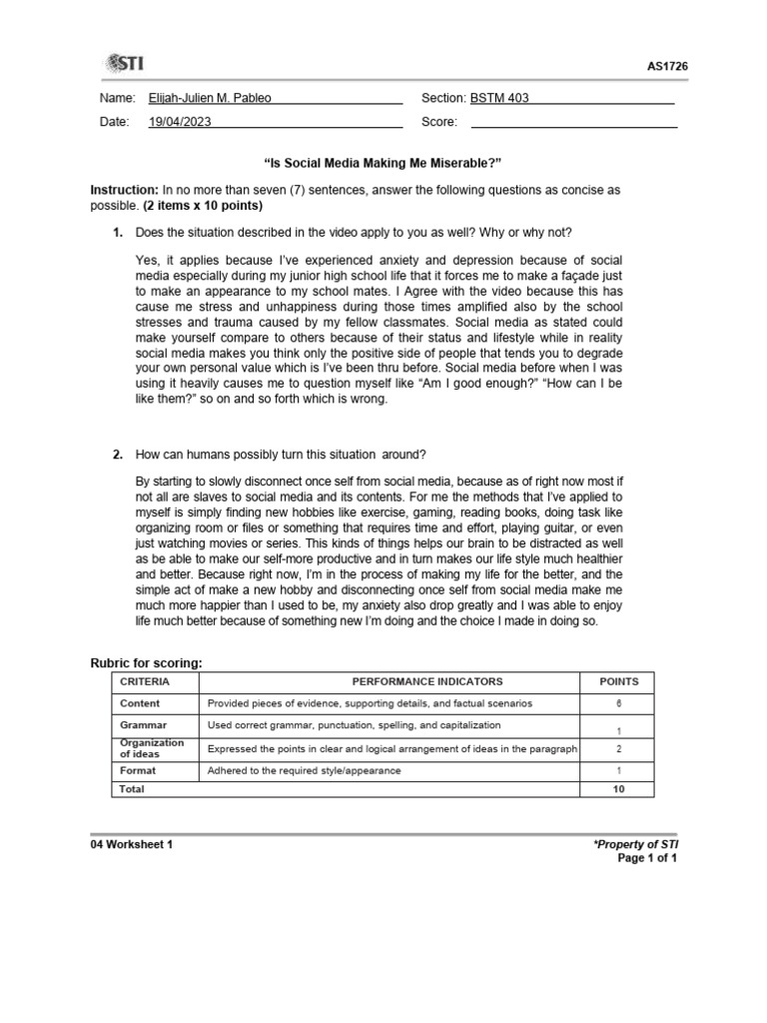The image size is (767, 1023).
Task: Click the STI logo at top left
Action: click(123, 64)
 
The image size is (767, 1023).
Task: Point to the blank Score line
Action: click(573, 123)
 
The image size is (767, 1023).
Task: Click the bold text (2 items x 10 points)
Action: click(203, 206)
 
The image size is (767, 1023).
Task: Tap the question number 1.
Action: click(117, 233)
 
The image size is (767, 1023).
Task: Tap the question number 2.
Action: click(117, 455)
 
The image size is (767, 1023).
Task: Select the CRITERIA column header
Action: click(145, 681)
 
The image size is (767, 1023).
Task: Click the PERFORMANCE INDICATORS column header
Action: click(390, 681)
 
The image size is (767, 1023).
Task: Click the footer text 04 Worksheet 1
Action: click(131, 844)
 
